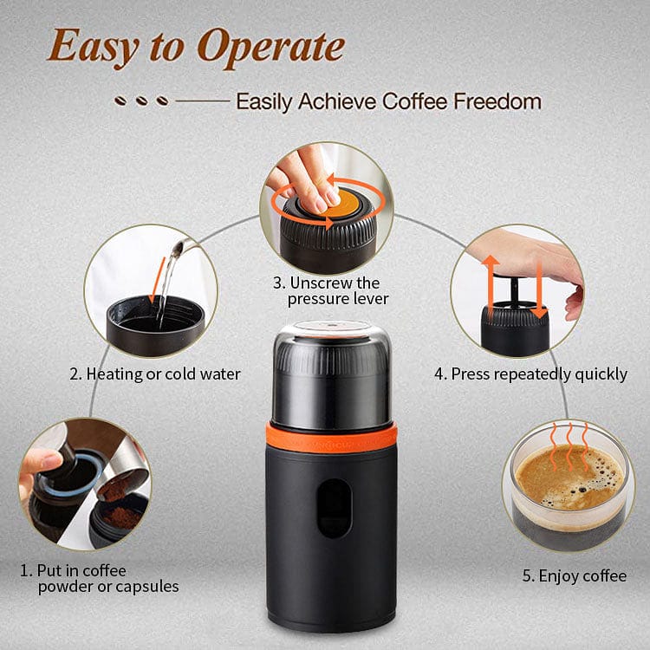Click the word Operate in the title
pyautogui.click(x=270, y=48)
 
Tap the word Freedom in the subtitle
pyautogui.click(x=497, y=101)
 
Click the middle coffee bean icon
pyautogui.click(x=142, y=101)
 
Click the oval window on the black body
pyautogui.click(x=335, y=508)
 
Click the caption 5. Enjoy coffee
pyautogui.click(x=574, y=576)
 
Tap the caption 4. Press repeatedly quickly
pyautogui.click(x=530, y=374)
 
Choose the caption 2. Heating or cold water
pyautogui.click(x=155, y=374)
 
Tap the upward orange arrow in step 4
pyautogui.click(x=491, y=286)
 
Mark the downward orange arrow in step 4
pyautogui.click(x=539, y=290)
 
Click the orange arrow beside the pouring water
pyautogui.click(x=158, y=280)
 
